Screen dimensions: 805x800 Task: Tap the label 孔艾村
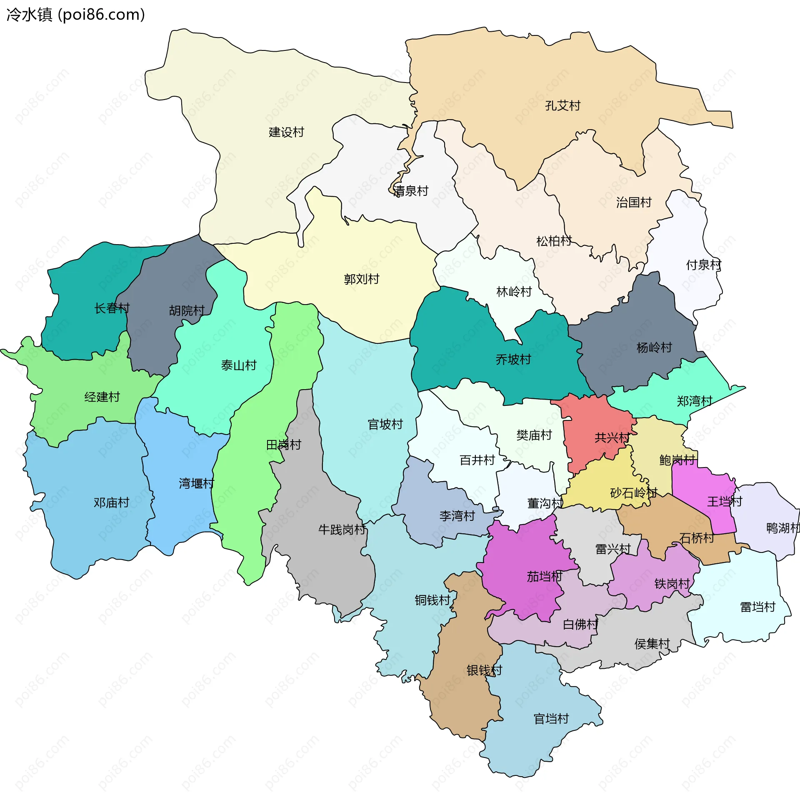562,106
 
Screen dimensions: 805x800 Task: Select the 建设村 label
286,132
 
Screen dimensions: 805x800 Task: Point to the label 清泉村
411,191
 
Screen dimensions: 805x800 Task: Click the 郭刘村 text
361,279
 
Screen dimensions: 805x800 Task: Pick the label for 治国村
634,203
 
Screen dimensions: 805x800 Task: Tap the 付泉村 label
703,265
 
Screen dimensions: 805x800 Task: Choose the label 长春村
112,308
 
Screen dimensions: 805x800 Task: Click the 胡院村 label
187,311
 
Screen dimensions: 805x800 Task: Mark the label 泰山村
238,366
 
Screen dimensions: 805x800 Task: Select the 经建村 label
102,397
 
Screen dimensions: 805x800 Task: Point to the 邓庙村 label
111,503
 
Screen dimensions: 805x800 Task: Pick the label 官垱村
551,719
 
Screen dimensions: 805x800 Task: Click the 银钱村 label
484,670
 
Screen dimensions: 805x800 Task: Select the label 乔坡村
513,360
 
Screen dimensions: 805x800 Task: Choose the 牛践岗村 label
342,530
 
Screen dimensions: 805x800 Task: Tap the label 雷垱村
757,607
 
